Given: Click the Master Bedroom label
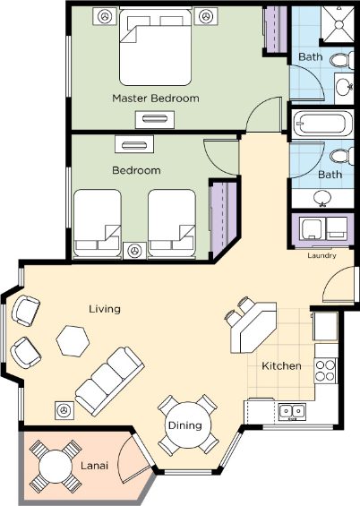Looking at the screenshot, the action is [156, 99].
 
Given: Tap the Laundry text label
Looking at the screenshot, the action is [321, 255].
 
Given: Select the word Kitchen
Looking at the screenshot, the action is [281, 366].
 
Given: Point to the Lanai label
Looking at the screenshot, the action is [94, 466].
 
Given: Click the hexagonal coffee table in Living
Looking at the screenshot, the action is [73, 341].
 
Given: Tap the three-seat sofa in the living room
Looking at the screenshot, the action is [109, 382].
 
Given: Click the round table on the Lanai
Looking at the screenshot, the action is [56, 466].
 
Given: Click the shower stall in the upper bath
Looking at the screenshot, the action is [339, 24].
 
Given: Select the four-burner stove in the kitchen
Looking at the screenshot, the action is [325, 371].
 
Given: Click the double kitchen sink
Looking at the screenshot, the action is [292, 411].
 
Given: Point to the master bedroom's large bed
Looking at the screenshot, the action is [156, 47].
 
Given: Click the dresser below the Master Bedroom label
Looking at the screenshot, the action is [155, 119].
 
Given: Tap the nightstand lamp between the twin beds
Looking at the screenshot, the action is [134, 251].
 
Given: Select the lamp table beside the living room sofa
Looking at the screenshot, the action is [64, 410].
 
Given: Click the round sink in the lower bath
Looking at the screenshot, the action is [321, 198].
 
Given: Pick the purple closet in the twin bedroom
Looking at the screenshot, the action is [224, 219].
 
